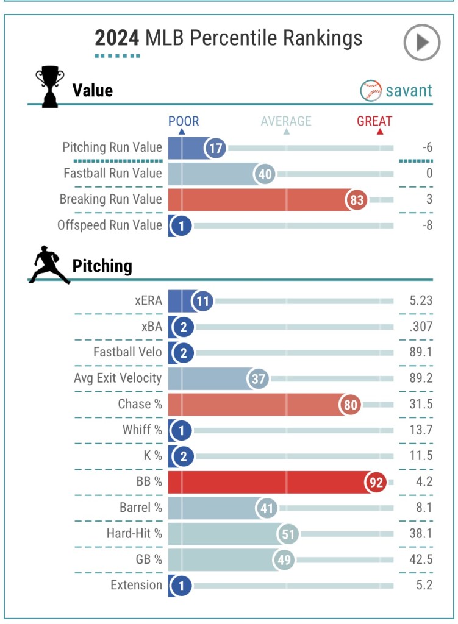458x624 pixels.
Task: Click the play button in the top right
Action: [421, 42]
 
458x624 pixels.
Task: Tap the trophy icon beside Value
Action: [49, 87]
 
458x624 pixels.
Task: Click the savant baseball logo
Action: [371, 91]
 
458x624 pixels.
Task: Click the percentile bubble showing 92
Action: [376, 482]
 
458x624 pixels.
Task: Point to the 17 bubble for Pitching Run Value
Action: [215, 147]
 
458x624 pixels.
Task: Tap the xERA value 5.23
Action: [421, 300]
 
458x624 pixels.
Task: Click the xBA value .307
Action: [421, 327]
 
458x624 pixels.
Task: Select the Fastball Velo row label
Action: [127, 352]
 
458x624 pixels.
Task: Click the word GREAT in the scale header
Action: [374, 121]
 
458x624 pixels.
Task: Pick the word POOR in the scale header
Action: [184, 121]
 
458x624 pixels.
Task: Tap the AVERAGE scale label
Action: [286, 121]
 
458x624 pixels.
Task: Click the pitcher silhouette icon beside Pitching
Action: [49, 265]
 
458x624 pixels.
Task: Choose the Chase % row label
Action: [140, 404]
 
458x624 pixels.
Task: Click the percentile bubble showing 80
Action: [351, 404]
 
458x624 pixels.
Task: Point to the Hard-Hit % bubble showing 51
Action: [287, 534]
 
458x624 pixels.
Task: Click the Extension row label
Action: [136, 586]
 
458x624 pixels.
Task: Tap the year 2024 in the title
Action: [117, 38]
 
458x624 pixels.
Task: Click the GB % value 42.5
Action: [421, 559]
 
